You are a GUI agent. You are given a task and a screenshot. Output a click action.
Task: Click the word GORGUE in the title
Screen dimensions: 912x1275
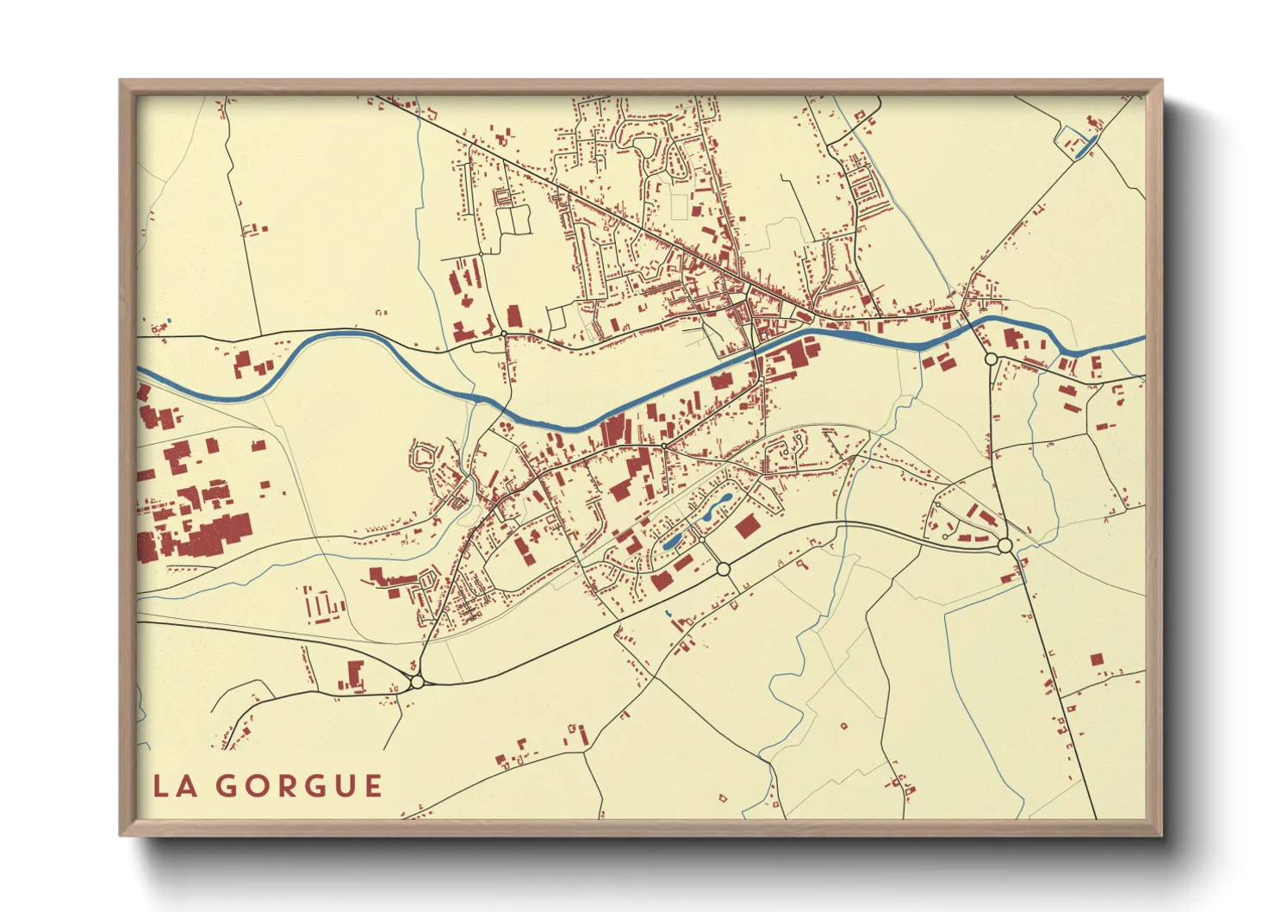(x=298, y=786)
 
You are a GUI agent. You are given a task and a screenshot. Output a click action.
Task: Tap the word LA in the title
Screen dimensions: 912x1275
(x=172, y=786)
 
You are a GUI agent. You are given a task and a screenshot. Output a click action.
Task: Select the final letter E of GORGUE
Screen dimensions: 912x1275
(x=373, y=786)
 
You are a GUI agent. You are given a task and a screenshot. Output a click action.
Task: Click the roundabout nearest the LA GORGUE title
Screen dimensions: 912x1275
(x=418, y=682)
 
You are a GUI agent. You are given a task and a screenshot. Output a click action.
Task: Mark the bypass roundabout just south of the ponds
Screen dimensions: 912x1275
(x=723, y=569)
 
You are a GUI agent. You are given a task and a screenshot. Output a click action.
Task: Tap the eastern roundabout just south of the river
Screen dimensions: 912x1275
(x=991, y=359)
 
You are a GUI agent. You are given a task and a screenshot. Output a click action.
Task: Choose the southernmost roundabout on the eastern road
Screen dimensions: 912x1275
(x=1004, y=546)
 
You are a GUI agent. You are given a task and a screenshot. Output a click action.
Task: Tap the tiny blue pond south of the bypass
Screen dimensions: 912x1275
(x=668, y=613)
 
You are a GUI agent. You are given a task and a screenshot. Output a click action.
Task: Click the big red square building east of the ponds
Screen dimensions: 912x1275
(x=746, y=527)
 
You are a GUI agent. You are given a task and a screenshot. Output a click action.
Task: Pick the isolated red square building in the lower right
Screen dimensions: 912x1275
(x=1096, y=659)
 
